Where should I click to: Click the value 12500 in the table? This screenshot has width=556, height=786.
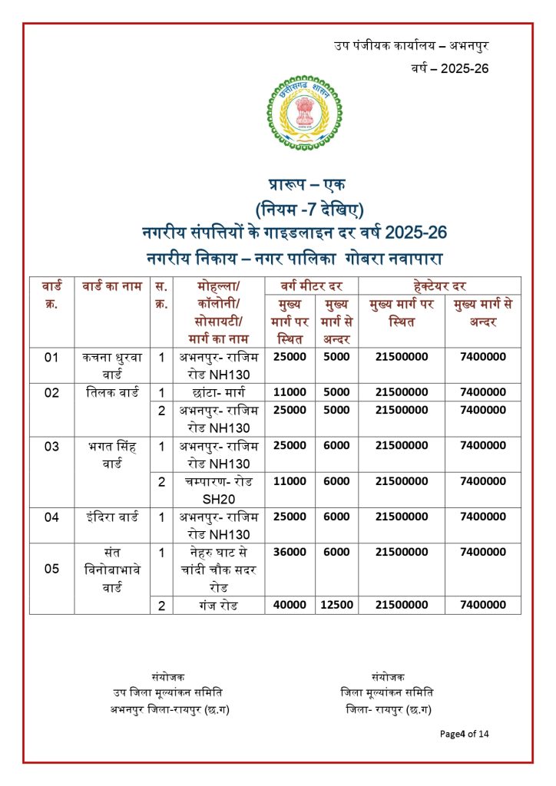coord(336,605)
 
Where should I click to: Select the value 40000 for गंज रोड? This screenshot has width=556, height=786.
coord(289,605)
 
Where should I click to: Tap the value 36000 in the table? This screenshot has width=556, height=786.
coord(289,552)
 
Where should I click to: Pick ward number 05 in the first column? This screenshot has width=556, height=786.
coord(51,569)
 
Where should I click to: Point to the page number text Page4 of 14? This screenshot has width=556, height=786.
coord(464,734)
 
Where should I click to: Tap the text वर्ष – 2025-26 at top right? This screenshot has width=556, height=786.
coord(450,68)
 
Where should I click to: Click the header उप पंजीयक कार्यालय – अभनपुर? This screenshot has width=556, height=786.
coord(412,45)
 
